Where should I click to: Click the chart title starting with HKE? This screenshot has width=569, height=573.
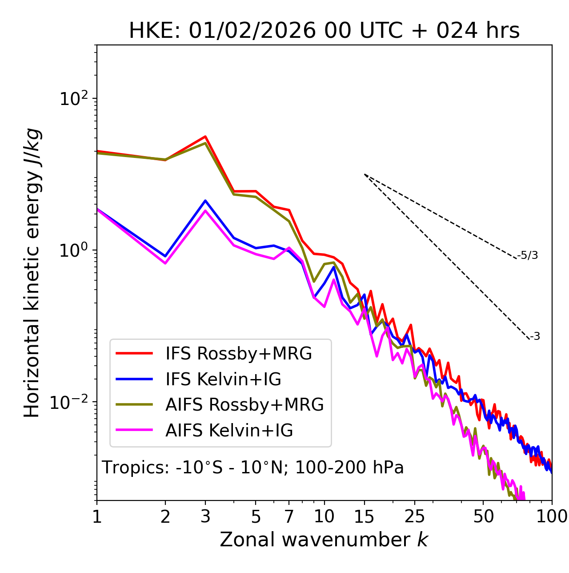click(x=324, y=31)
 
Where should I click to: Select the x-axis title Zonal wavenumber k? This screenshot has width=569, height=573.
click(x=324, y=540)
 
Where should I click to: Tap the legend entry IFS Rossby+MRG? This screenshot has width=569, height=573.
click(x=238, y=354)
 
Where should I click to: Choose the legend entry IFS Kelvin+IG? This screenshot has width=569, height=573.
click(x=223, y=379)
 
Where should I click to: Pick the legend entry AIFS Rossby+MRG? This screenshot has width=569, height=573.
click(x=244, y=405)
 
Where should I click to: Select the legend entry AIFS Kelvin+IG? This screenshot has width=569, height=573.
click(x=229, y=431)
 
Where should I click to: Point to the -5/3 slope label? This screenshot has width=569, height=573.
click(x=528, y=256)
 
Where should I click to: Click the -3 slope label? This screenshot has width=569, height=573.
click(x=535, y=337)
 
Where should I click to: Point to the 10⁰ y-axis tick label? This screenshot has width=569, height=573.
click(x=73, y=250)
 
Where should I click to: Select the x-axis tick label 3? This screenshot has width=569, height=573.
click(x=205, y=517)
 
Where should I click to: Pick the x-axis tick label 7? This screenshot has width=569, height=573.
click(x=289, y=517)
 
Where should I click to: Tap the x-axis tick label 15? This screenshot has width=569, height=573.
click(x=364, y=517)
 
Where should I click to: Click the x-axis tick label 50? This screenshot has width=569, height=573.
click(x=483, y=517)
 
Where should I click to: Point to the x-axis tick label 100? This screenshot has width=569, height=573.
click(x=552, y=517)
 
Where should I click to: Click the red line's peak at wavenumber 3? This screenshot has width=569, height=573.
click(x=205, y=137)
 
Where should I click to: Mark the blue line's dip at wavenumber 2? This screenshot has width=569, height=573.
click(x=165, y=256)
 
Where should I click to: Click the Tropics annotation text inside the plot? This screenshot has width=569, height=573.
click(x=252, y=468)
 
